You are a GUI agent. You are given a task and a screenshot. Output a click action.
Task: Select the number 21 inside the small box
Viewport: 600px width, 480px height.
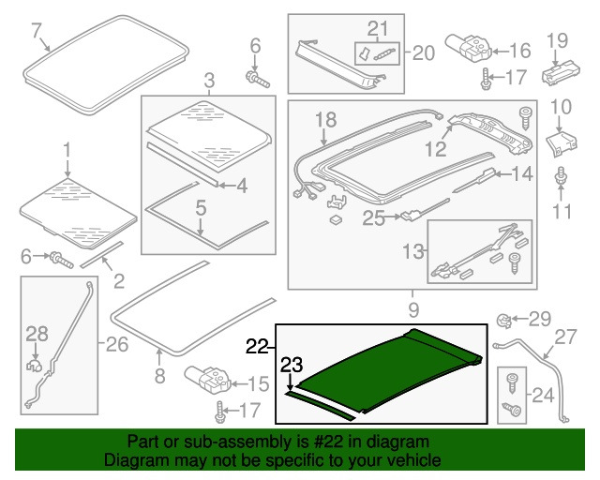(x=377, y=27)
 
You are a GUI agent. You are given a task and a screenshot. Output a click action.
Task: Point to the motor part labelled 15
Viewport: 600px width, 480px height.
(x=209, y=380)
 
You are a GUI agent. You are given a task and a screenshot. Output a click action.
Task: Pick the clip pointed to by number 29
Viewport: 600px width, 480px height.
(x=503, y=321)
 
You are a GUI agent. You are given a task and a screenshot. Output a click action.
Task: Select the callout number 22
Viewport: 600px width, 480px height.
(x=258, y=346)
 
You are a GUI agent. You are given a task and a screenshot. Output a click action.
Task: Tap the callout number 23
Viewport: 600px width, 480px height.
(x=293, y=366)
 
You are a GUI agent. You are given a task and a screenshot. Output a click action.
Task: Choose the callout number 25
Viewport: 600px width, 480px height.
(x=373, y=218)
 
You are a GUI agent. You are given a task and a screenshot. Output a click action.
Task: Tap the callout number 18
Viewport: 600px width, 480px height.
(x=324, y=119)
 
